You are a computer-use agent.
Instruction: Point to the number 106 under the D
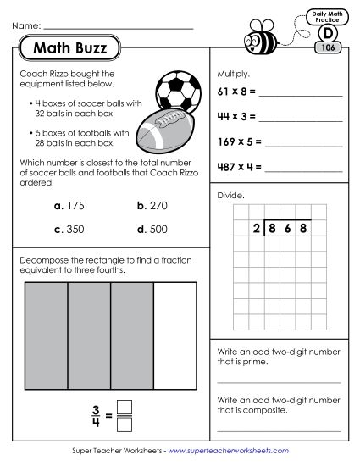click(x=325, y=48)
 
